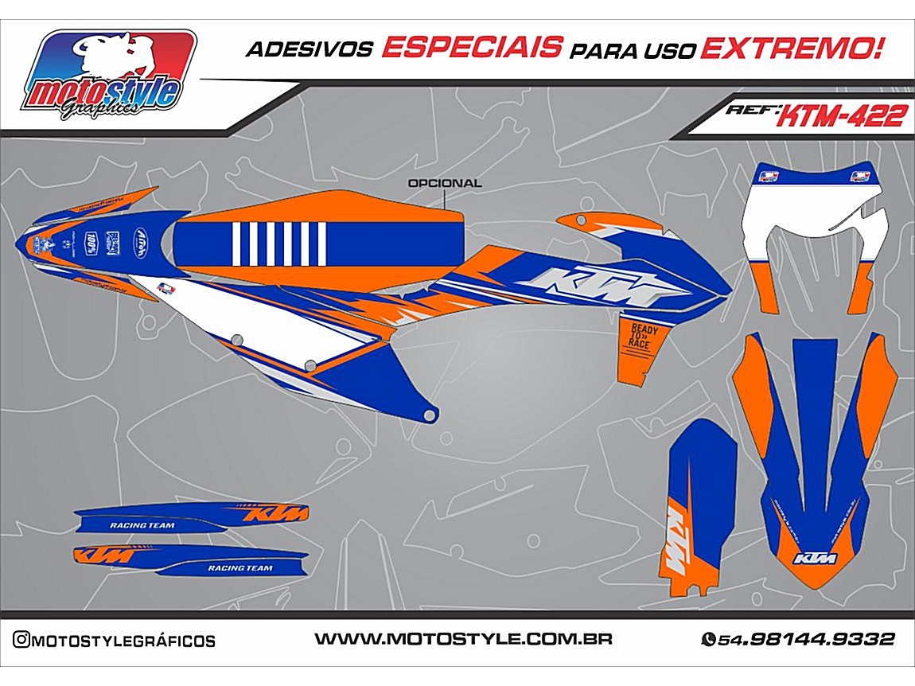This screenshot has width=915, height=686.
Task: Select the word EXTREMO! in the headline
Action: point(792,48)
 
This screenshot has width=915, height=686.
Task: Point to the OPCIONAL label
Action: point(444,183)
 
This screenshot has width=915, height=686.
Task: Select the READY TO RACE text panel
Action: point(640,338)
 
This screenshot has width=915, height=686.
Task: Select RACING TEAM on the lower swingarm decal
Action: point(239,568)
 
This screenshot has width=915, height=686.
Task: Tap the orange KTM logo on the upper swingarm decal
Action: point(273,515)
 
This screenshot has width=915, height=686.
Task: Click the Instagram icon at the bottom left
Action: point(21,640)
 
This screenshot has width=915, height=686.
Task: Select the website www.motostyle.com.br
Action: point(462,639)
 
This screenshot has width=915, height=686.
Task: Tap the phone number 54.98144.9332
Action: point(806,639)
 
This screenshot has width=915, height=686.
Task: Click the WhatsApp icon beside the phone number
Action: point(707,640)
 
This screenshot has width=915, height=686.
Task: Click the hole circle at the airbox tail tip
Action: point(430,415)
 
